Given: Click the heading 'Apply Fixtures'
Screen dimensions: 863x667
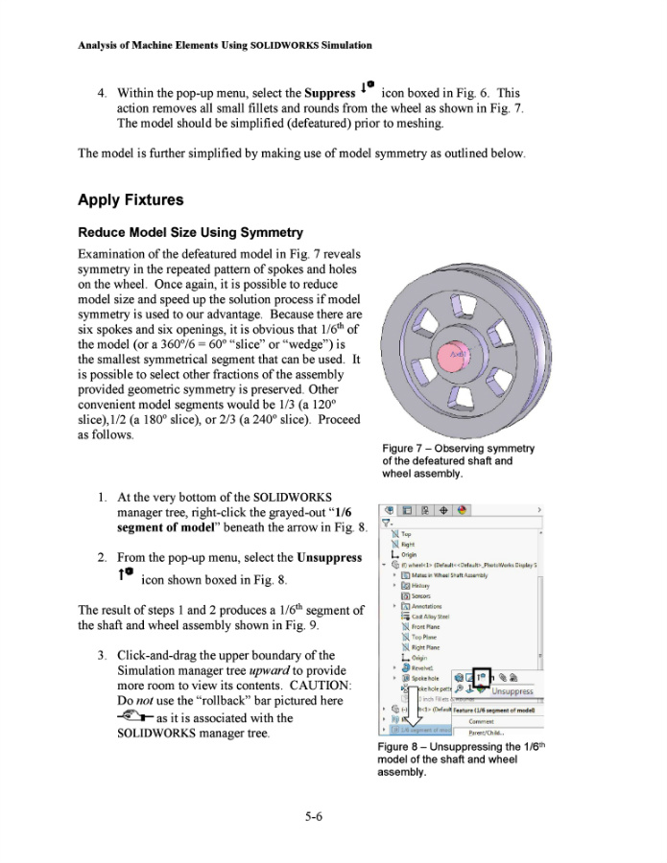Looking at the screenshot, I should pos(130,200).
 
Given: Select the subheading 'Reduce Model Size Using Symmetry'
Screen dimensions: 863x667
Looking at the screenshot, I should pos(190,233).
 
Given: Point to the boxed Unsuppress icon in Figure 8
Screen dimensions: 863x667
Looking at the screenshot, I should pos(481,677).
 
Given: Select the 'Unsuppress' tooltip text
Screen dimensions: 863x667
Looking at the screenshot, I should pos(512,690).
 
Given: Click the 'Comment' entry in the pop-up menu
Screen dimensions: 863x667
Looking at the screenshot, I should pos(481,722).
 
